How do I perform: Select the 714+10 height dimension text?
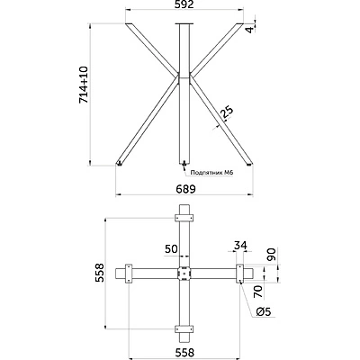pyautogui.click(x=85, y=85)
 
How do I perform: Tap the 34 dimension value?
pyautogui.click(x=239, y=245)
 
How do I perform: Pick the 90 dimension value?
pyautogui.click(x=271, y=254)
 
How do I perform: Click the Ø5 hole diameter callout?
pyautogui.click(x=265, y=312)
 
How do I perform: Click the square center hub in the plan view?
pyautogui.click(x=184, y=273)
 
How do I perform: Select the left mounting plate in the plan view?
pyautogui.click(x=129, y=273)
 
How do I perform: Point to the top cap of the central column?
pyautogui.click(x=184, y=24)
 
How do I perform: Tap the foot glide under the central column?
pyautogui.click(x=184, y=165)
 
